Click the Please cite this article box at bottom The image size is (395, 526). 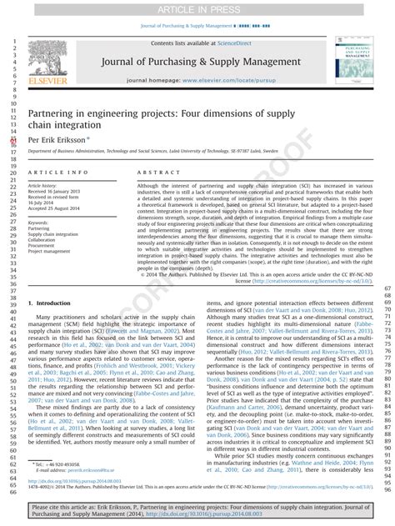197,509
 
